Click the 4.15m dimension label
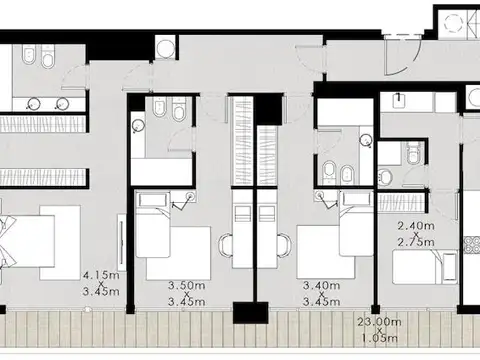(x=101, y=276)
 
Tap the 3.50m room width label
(x=186, y=286)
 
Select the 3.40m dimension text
(x=321, y=286)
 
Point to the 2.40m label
(x=416, y=226)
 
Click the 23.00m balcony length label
(x=379, y=322)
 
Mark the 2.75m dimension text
(x=416, y=242)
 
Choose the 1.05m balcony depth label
(x=380, y=338)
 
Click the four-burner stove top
(x=473, y=245)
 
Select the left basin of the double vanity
(x=33, y=104)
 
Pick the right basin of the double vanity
(x=62, y=104)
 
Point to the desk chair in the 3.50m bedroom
(x=225, y=245)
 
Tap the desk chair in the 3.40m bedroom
(x=284, y=245)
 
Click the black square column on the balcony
(x=250, y=313)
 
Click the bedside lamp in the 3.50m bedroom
(x=191, y=196)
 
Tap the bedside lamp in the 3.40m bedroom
(x=320, y=196)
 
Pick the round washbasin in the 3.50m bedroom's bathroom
(x=137, y=126)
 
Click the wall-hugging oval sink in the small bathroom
(x=385, y=176)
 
